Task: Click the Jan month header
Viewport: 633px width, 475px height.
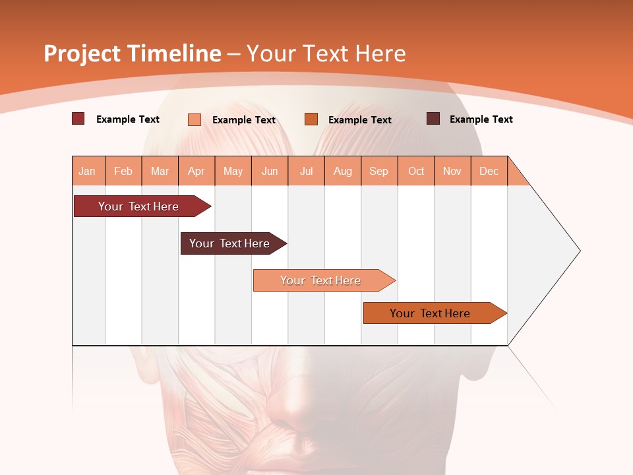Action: [x=87, y=171]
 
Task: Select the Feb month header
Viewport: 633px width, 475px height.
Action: [x=123, y=171]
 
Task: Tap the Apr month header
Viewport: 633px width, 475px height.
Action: [x=196, y=171]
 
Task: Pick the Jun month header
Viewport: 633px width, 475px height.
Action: [x=270, y=171]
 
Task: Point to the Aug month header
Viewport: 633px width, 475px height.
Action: [x=342, y=171]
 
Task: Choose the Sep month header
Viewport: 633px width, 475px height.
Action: [x=378, y=171]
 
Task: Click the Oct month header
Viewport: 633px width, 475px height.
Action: [x=416, y=171]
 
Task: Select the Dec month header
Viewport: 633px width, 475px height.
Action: [x=489, y=171]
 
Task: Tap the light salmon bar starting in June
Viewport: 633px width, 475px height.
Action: [x=321, y=280]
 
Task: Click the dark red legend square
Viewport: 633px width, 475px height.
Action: [x=78, y=119]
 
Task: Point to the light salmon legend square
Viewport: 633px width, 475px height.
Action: [x=195, y=119]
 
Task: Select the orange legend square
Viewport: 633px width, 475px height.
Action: [x=311, y=119]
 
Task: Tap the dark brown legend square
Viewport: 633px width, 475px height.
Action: [x=433, y=119]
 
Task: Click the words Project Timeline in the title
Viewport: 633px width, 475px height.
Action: [x=132, y=53]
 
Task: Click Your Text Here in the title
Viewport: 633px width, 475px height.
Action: [x=326, y=53]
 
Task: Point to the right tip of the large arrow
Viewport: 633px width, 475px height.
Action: [x=579, y=251]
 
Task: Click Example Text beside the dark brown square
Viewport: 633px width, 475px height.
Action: [x=481, y=119]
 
